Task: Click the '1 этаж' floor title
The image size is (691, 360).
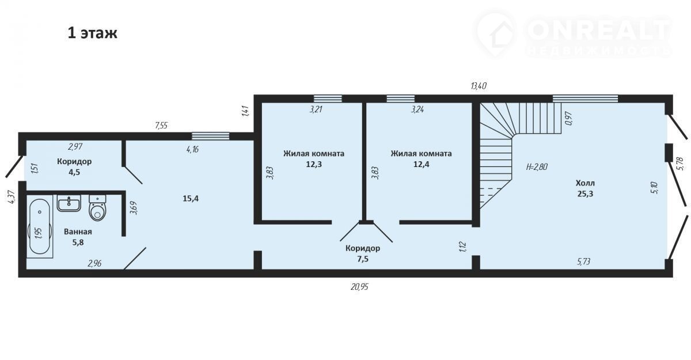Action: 92,33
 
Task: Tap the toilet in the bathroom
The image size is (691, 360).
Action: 97,207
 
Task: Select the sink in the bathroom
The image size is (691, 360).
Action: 69,203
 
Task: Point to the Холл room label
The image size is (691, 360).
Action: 585,183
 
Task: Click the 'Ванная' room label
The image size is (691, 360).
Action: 78,232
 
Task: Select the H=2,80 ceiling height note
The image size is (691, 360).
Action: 537,167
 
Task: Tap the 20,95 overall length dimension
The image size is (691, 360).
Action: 359,287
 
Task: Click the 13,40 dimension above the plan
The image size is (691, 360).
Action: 479,86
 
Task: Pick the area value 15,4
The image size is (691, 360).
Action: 191,198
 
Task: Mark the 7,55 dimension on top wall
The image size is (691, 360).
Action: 161,126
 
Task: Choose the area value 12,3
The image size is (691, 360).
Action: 314,164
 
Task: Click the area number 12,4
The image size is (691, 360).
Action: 421,164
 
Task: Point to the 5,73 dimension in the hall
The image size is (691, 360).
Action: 584,262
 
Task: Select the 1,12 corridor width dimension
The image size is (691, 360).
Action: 462,247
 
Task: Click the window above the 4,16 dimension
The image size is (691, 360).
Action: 210,136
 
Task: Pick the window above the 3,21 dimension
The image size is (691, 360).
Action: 328,98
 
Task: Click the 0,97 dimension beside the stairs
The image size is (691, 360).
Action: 569,118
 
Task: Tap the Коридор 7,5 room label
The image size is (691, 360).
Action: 363,253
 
